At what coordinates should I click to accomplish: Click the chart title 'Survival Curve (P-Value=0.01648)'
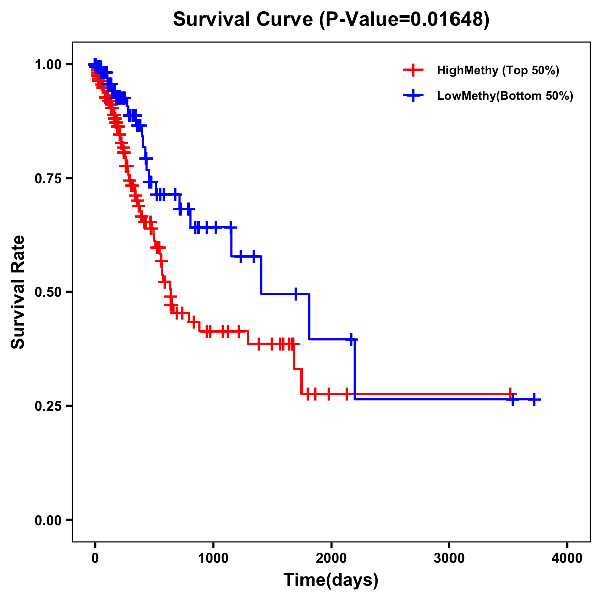[x=331, y=20]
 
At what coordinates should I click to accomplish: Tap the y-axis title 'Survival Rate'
[x=18, y=291]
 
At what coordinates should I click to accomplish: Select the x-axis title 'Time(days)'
[x=331, y=580]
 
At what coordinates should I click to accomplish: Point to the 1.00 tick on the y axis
[x=48, y=64]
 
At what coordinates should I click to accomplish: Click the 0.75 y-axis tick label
[x=48, y=178]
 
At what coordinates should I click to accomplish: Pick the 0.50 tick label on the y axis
[x=48, y=292]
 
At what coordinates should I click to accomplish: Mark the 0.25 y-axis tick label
[x=48, y=406]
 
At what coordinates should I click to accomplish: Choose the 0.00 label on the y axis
[x=48, y=520]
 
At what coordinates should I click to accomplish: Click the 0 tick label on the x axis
[x=95, y=558]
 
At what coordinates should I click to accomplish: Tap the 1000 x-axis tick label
[x=213, y=558]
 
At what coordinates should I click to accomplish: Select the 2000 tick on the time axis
[x=331, y=558]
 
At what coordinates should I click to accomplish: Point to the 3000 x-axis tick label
[x=449, y=558]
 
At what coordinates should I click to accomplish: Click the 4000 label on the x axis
[x=567, y=558]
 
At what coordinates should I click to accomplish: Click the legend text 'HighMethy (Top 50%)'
[x=498, y=70]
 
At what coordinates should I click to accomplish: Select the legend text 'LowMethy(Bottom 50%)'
[x=505, y=96]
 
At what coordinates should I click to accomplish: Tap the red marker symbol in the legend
[x=413, y=70]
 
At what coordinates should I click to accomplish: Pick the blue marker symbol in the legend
[x=413, y=96]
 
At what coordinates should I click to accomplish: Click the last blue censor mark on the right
[x=534, y=399]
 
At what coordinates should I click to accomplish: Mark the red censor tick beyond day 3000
[x=510, y=394]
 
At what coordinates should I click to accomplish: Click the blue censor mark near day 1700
[x=296, y=294]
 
